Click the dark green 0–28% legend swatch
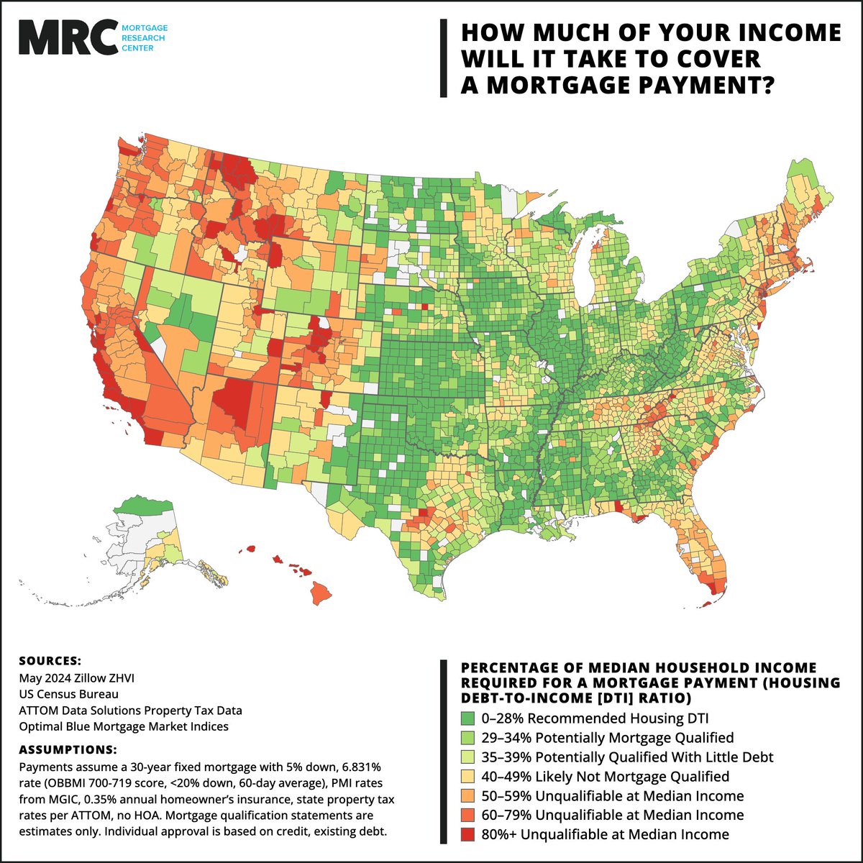pyautogui.click(x=466, y=718)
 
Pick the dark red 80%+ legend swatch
pyautogui.click(x=466, y=834)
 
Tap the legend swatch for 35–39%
pyautogui.click(x=466, y=757)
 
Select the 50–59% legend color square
pyautogui.click(x=466, y=795)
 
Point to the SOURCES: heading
pyautogui.click(x=50, y=660)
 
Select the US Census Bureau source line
pyautogui.click(x=69, y=694)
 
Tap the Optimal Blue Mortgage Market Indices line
pyautogui.click(x=124, y=726)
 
